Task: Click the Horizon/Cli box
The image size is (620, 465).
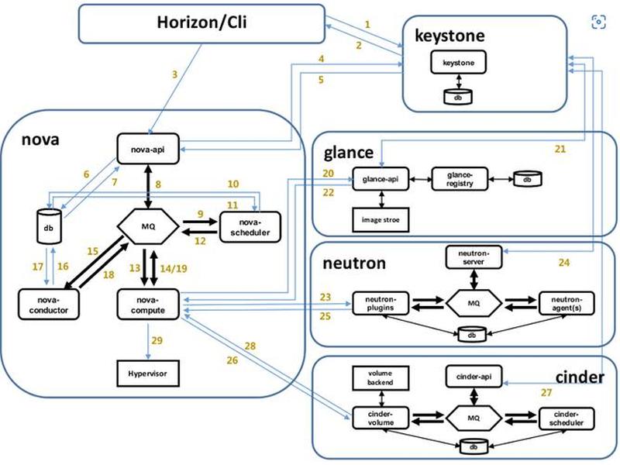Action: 201,23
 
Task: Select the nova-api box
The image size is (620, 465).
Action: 148,149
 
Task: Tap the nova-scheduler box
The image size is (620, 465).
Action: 250,227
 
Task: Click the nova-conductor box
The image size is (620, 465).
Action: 49,305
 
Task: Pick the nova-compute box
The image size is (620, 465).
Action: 148,305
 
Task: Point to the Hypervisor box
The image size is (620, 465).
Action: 148,374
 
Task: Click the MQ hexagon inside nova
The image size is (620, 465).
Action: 148,226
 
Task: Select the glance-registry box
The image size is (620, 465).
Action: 460,179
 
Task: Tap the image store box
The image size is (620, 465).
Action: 381,220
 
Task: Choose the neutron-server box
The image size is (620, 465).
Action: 474,257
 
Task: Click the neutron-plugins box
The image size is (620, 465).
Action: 381,304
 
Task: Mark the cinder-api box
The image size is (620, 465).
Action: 474,377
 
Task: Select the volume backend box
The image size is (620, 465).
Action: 381,378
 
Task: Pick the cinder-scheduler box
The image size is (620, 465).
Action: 567,418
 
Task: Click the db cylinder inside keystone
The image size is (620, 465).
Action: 458,97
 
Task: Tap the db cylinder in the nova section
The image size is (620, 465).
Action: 49,226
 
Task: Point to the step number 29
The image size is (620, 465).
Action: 157,340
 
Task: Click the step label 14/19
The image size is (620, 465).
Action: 173,268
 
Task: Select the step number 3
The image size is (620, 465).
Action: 175,74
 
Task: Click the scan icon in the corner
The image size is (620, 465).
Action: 598,22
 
